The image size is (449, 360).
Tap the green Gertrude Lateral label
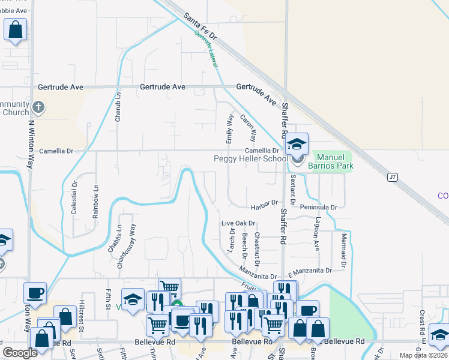pos(205,49)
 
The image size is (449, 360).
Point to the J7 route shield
pos(393,176)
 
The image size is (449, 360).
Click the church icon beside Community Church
pos(38,108)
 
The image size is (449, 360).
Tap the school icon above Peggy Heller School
pos(297,144)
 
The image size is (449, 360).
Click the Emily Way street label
pos(229,129)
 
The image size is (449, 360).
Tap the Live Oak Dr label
pos(238,223)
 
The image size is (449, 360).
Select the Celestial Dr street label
pos(74,199)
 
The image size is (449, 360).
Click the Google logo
pos(20,352)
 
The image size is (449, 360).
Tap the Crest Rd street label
pos(423,323)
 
